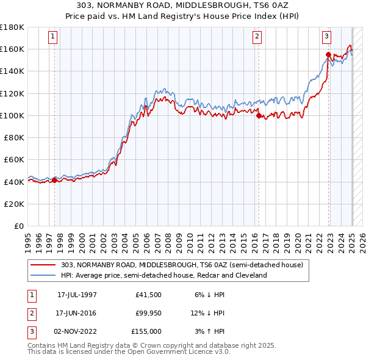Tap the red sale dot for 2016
(x=259, y=115)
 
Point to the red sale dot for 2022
(x=328, y=55)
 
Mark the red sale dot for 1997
(x=54, y=180)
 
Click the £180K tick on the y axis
(x=12, y=27)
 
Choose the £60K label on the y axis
(x=14, y=160)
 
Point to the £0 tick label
(x=18, y=226)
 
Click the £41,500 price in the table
(x=149, y=295)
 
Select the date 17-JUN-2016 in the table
(x=77, y=313)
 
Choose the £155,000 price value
(x=146, y=331)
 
